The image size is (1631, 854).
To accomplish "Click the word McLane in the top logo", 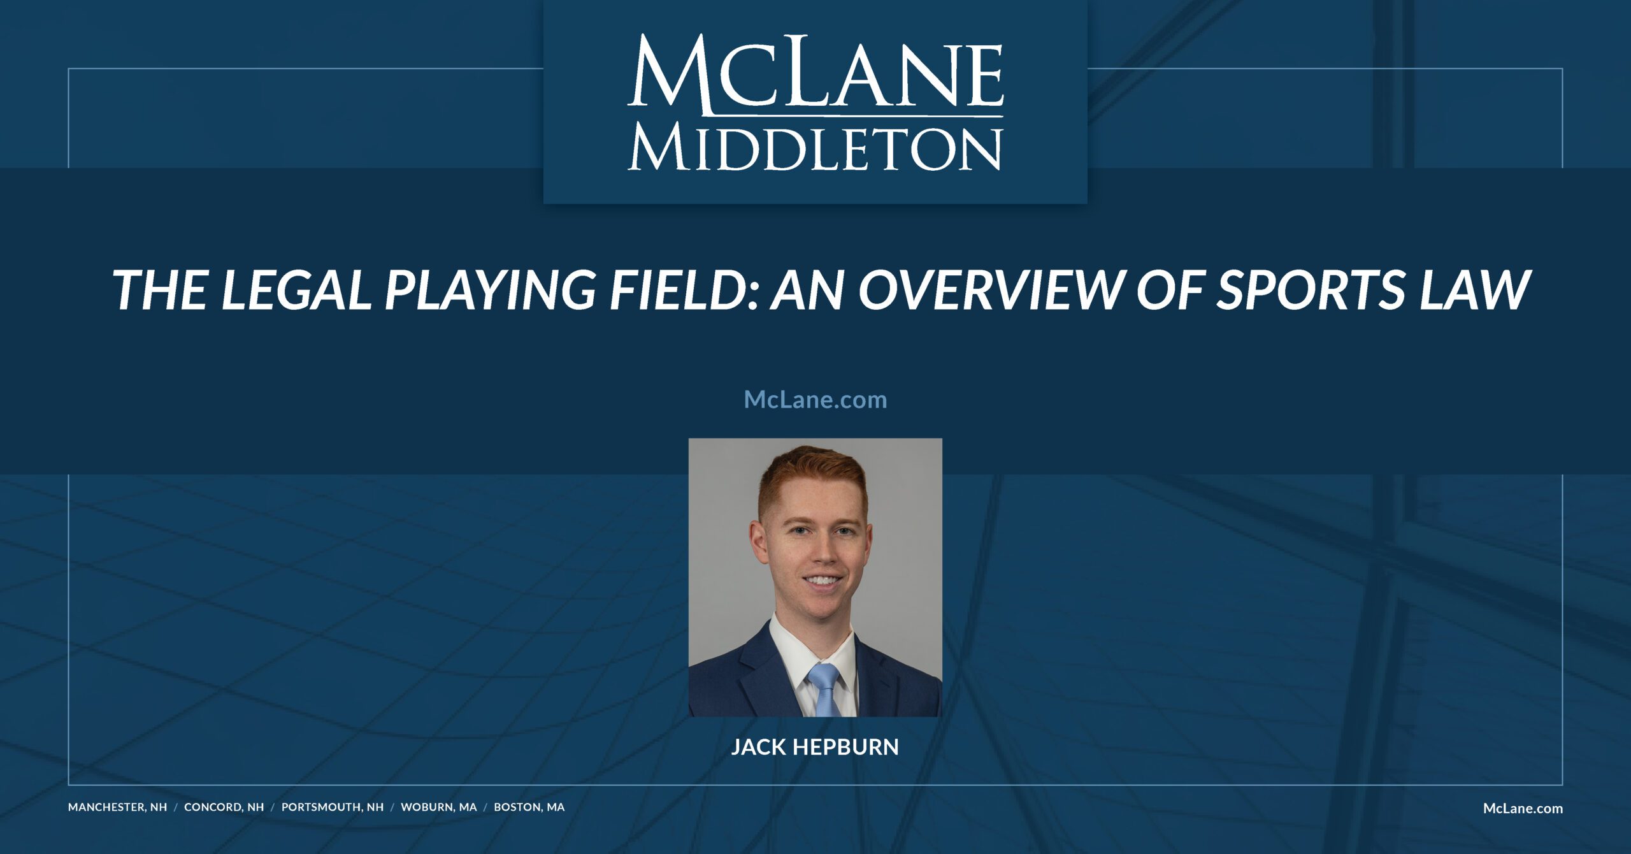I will [815, 73].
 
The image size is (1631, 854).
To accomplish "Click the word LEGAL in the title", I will [296, 290].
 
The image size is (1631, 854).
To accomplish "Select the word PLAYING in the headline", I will [490, 290].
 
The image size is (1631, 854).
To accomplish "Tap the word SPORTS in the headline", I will [1309, 290].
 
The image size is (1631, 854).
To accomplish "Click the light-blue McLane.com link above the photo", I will [815, 400].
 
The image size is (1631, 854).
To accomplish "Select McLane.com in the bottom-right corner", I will [1523, 808].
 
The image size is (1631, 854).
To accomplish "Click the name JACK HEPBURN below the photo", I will [815, 746].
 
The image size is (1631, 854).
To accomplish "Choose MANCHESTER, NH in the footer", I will [117, 807].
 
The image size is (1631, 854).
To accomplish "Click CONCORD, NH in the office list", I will [224, 807].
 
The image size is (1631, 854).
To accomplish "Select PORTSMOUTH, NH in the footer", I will [333, 807].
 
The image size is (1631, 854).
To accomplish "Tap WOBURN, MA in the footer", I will [438, 807].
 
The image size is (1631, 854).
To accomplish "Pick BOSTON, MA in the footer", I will [529, 807].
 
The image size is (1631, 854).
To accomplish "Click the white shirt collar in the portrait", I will [785, 644].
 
